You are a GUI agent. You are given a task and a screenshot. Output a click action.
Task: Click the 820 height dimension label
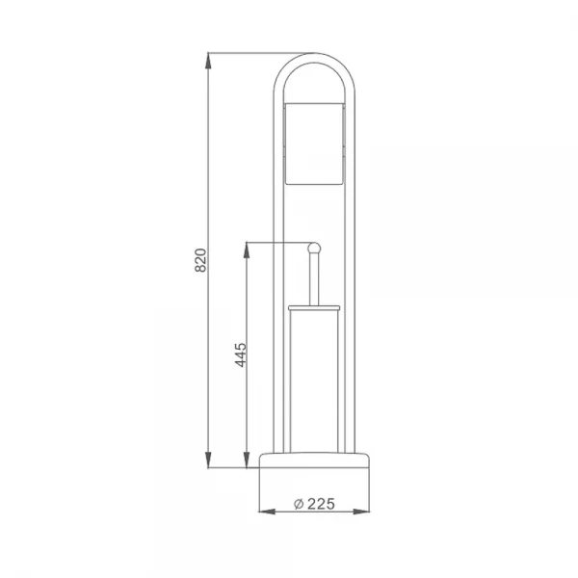coord(201,260)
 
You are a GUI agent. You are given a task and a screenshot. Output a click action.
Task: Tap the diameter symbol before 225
coord(299,504)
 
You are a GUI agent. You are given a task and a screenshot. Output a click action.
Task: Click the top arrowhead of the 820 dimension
coord(209,59)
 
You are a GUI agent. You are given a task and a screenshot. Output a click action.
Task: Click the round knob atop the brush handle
coord(312,250)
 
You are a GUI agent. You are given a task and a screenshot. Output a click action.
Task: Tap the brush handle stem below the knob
coord(312,279)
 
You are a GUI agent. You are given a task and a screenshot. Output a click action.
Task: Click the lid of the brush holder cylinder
coord(313,307)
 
